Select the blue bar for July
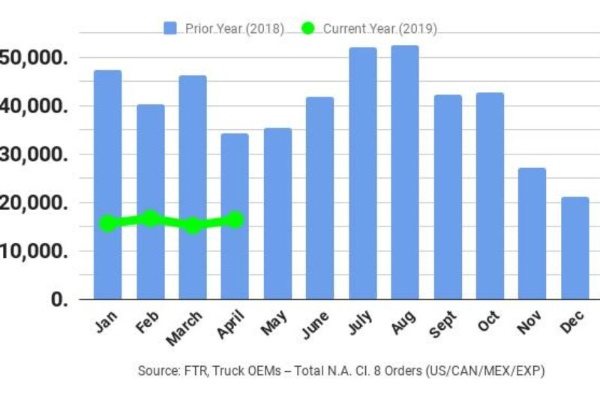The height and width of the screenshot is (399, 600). pos(362,173)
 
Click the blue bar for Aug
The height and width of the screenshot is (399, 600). pos(405,172)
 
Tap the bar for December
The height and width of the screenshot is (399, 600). pos(575,247)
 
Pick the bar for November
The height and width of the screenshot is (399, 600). pos(532,233)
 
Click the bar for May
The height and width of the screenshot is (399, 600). pos(277,214)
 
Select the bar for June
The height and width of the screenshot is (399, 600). pos(320,198)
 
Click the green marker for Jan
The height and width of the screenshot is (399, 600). pos(108,223)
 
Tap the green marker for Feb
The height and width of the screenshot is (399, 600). pos(150,218)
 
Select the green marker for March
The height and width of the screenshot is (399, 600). pos(193,225)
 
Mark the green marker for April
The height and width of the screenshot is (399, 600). pos(235,220)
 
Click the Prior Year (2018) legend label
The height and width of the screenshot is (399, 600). pos(234,28)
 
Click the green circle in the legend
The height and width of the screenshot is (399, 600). pos(307,28)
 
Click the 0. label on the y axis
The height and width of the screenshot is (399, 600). pos(58,299)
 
